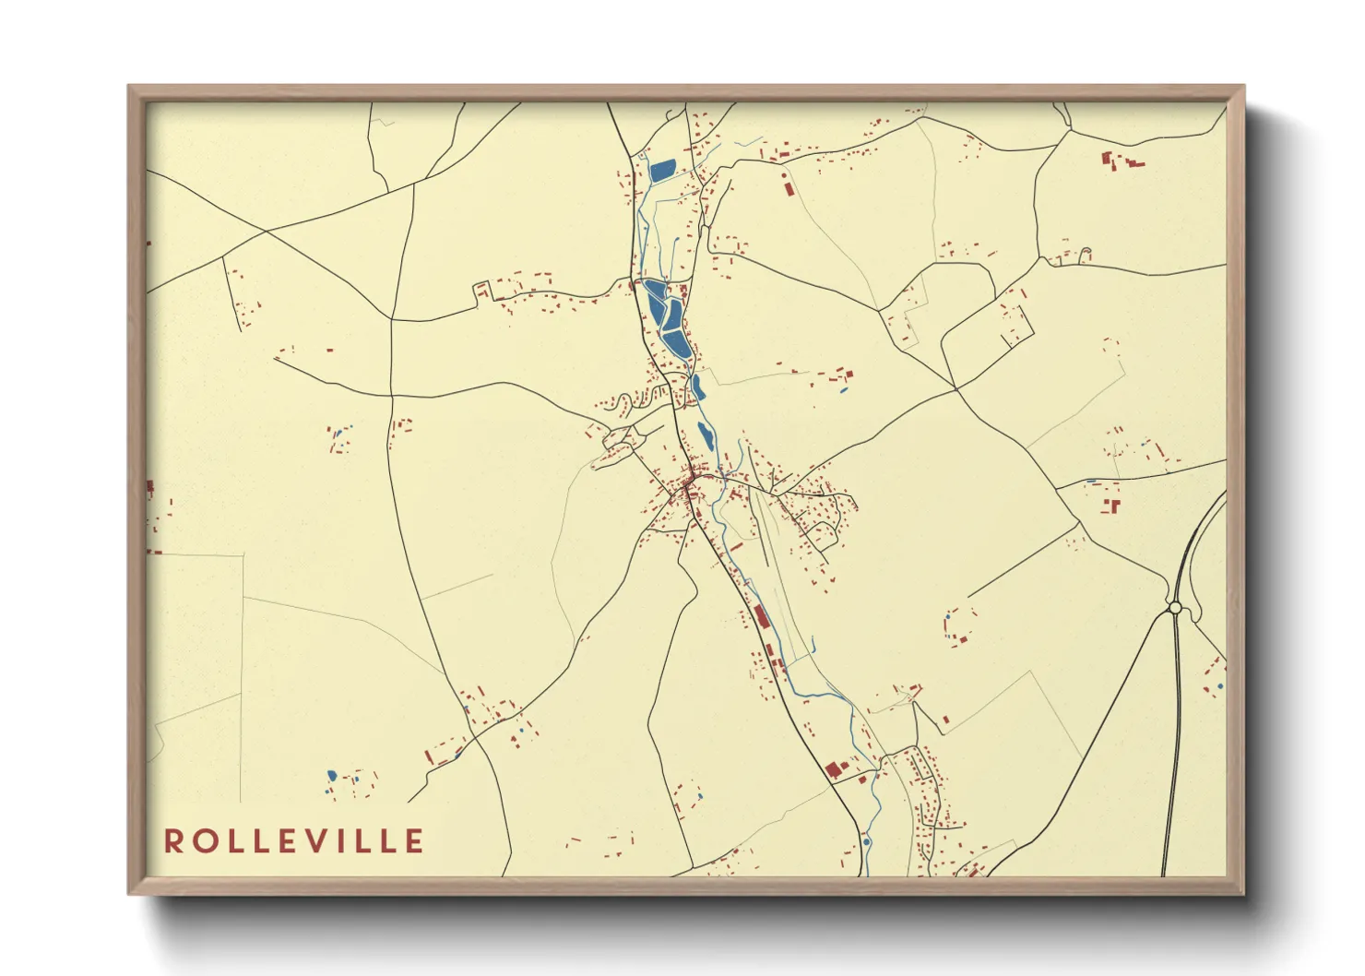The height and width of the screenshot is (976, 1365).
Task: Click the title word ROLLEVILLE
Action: click(x=294, y=841)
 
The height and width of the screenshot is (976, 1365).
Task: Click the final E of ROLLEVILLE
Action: click(x=415, y=841)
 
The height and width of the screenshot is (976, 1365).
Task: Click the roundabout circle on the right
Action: click(x=1175, y=608)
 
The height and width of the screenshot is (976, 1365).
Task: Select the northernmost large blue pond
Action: click(x=662, y=170)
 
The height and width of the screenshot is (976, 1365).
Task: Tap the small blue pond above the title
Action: click(x=332, y=776)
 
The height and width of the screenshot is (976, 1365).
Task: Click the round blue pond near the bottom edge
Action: click(x=866, y=841)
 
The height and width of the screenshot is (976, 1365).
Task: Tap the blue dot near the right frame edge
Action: click(x=1220, y=686)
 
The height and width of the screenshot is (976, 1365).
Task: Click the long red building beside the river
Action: click(x=761, y=616)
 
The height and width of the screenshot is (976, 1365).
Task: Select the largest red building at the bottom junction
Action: click(x=834, y=768)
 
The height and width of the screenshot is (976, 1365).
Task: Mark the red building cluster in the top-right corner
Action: click(x=1121, y=161)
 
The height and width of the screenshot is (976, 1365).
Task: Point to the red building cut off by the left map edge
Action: click(x=150, y=487)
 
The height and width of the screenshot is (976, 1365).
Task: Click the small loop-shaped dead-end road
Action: click(x=1086, y=253)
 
